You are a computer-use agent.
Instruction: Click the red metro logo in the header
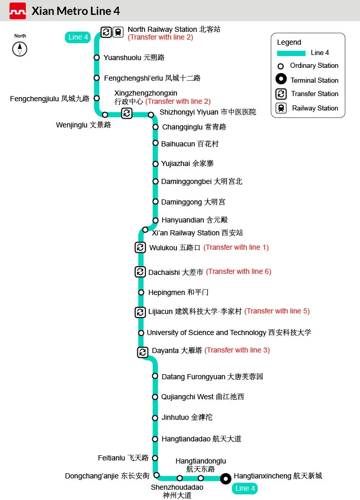pos(17,11)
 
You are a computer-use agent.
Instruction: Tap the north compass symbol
pos(20,49)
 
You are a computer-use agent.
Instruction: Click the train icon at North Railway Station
pos(118,32)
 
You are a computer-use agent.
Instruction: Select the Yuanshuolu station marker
pos(97,58)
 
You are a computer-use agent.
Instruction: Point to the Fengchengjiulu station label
pos(49,99)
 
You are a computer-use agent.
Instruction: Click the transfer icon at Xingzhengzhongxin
pos(127,113)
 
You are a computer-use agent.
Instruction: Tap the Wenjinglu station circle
pos(105,115)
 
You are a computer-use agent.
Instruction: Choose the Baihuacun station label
pos(190,144)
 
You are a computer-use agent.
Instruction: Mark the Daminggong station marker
pos(155,201)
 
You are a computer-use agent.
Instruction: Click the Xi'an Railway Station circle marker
pos(145,230)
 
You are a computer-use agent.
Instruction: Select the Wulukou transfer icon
pos(140,248)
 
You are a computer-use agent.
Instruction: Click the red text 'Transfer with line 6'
pos(239,272)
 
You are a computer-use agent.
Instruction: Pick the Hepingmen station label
pos(178,292)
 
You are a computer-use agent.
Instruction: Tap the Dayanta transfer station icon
pos(142,352)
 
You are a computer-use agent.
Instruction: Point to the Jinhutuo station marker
pos(155,418)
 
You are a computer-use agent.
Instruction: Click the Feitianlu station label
pos(123,458)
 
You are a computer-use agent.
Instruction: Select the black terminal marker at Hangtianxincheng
pos(226,478)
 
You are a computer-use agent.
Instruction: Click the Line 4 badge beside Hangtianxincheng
pos(245,488)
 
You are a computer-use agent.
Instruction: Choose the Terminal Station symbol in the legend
pos(281,79)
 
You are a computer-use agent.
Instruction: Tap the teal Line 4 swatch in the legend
pos(291,53)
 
